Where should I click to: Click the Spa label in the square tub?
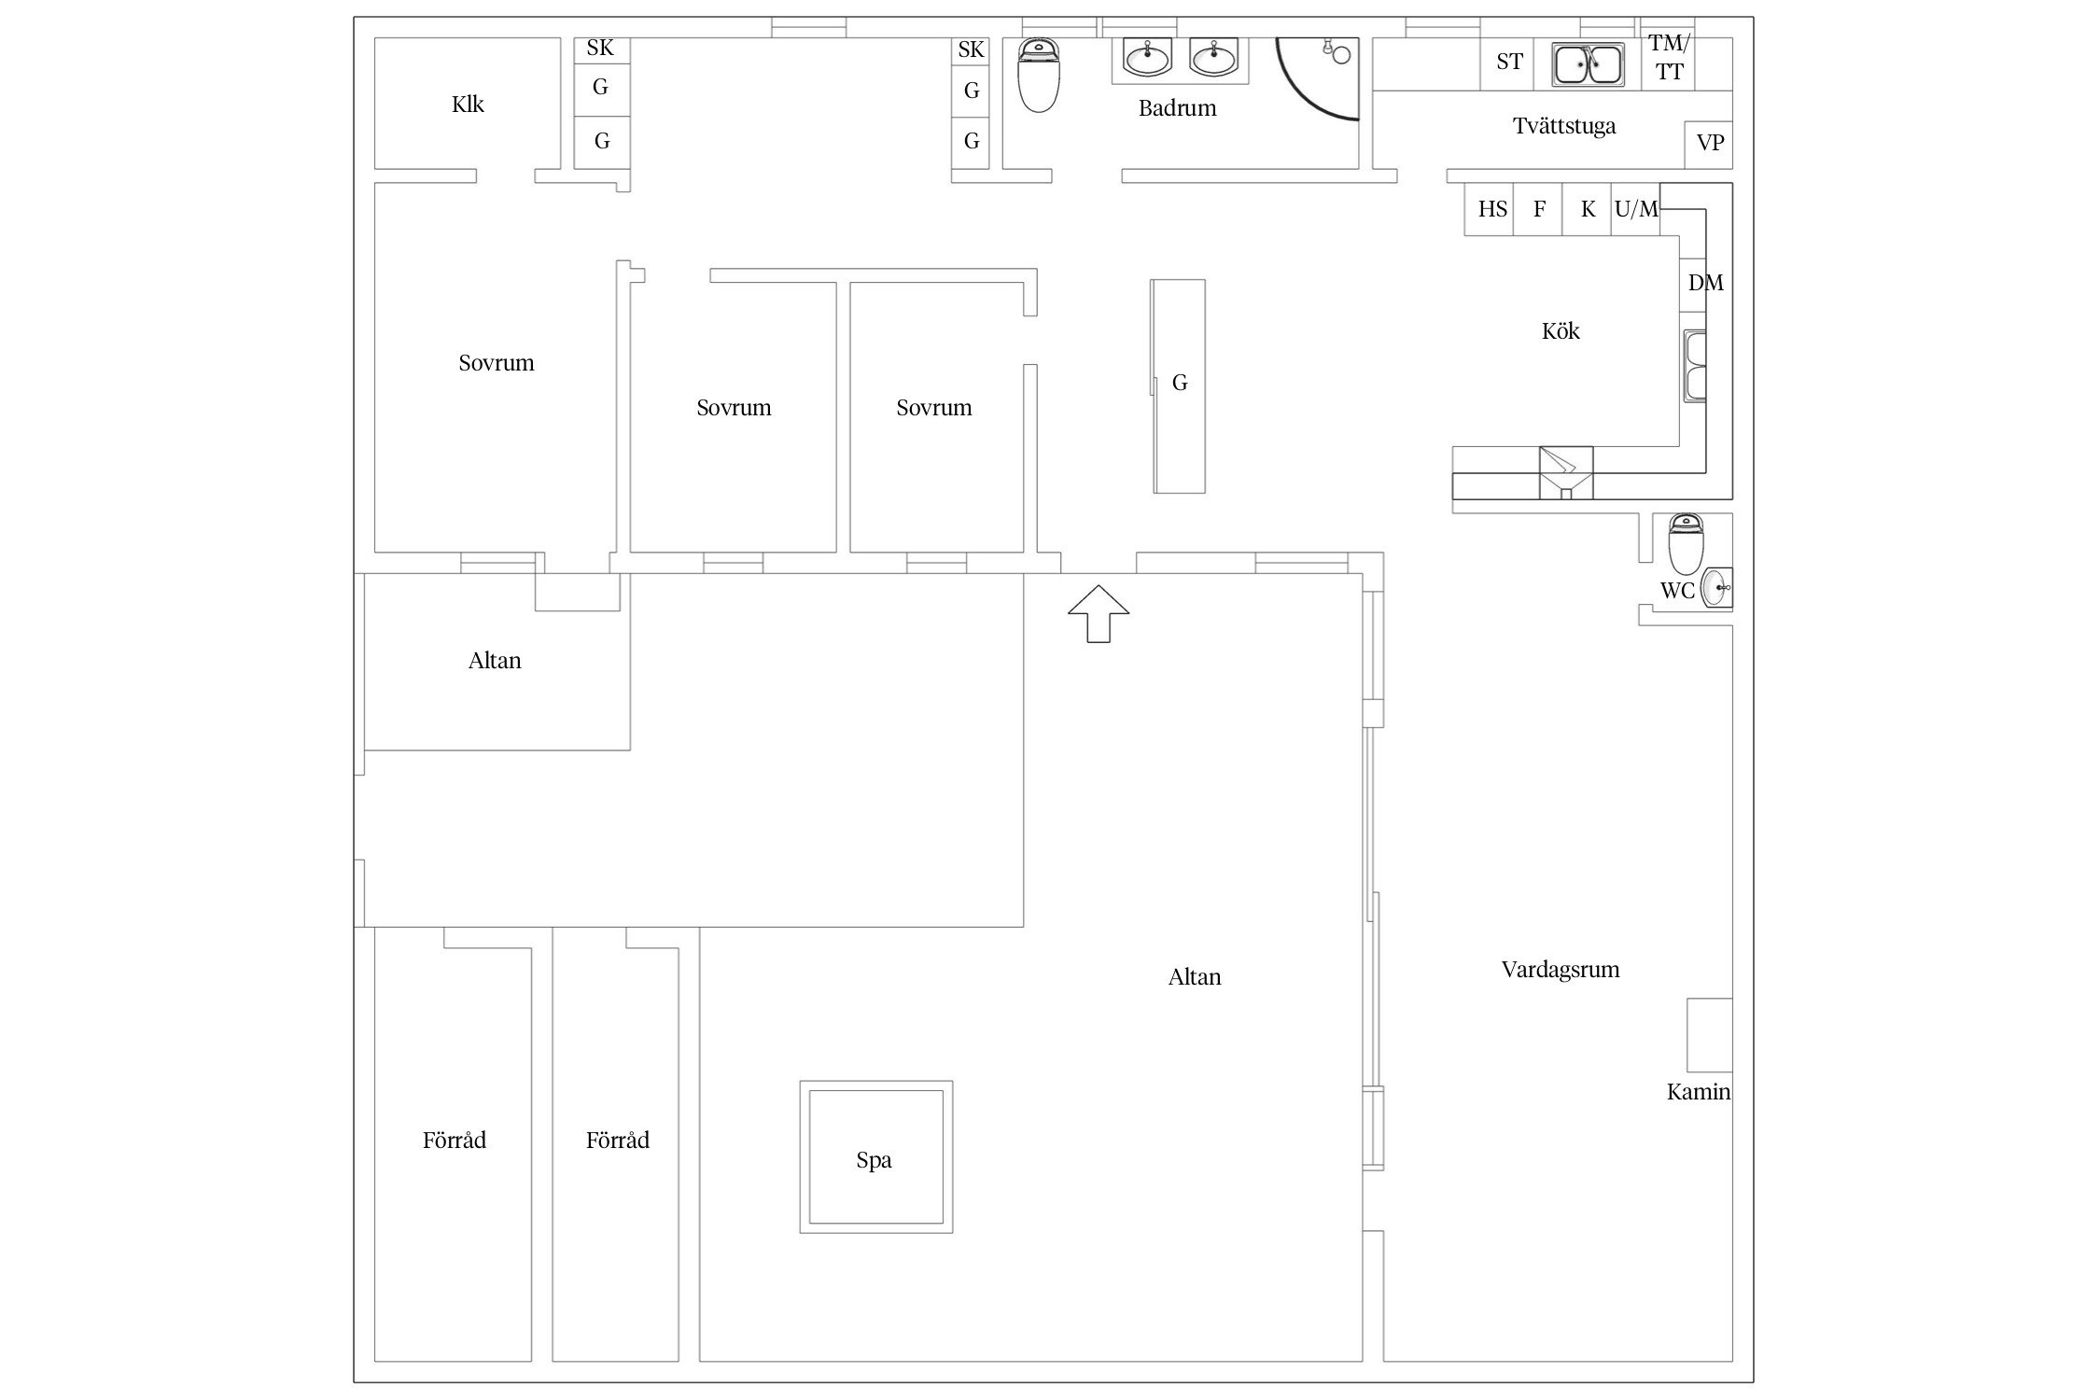pyautogui.click(x=874, y=1160)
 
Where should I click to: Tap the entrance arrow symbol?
pyautogui.click(x=1099, y=613)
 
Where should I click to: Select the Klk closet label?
pyautogui.click(x=468, y=104)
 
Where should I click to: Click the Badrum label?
pyautogui.click(x=1177, y=108)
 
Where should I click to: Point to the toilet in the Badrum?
pyautogui.click(x=1038, y=75)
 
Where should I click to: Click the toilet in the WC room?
pyautogui.click(x=1686, y=543)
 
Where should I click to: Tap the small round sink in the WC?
pyautogui.click(x=1716, y=588)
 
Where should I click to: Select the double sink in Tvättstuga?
pyautogui.click(x=1588, y=64)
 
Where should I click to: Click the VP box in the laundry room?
pyautogui.click(x=1709, y=144)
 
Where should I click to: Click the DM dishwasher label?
pyautogui.click(x=1705, y=283)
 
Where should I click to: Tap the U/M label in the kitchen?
pyautogui.click(x=1636, y=209)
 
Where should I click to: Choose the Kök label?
pyautogui.click(x=1561, y=331)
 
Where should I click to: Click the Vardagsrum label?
pyautogui.click(x=1561, y=970)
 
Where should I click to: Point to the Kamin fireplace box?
pyautogui.click(x=1709, y=1035)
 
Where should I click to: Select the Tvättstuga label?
pyautogui.click(x=1564, y=126)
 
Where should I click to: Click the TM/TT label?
pyautogui.click(x=1669, y=57)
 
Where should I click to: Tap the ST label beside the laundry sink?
pyautogui.click(x=1509, y=62)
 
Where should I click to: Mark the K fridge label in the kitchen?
pyautogui.click(x=1589, y=209)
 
